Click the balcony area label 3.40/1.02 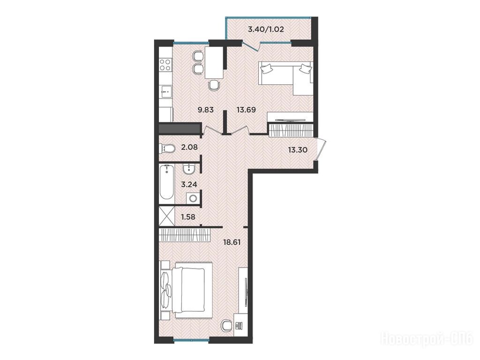pos(266,30)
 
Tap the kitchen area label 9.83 pos(205,110)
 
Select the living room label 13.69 pos(246,110)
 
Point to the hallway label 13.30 pos(298,150)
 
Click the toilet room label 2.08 pos(189,147)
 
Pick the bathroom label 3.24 pos(189,184)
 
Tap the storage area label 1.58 pos(188,217)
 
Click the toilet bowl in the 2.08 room pos(167,149)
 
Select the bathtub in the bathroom pos(167,182)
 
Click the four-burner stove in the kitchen pos(165,65)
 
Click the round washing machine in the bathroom pos(193,198)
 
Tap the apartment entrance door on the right pos(320,150)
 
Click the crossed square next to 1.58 pos(166,217)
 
